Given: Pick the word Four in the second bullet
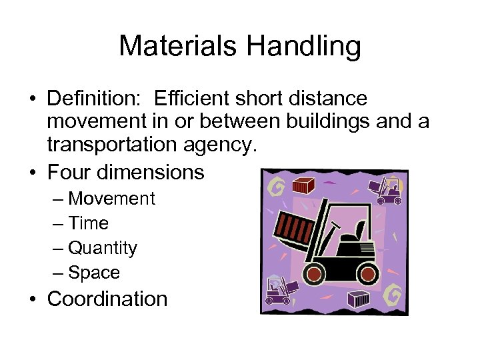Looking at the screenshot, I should pyautogui.click(x=69, y=172).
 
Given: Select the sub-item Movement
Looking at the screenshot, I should pyautogui.click(x=111, y=199).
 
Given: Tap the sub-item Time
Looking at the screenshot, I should pyautogui.click(x=88, y=223).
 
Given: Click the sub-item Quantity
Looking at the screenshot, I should pyautogui.click(x=102, y=248).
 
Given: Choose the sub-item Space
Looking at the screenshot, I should pyautogui.click(x=94, y=273).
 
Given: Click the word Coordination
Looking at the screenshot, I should pyautogui.click(x=107, y=299).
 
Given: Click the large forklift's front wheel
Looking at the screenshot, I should pyautogui.click(x=313, y=274).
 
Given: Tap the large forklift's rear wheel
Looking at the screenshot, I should pyautogui.click(x=368, y=273).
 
